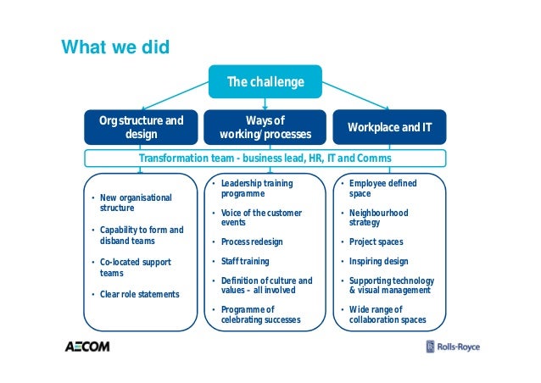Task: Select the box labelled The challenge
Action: click(265, 81)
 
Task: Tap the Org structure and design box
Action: click(142, 127)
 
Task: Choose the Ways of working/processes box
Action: click(265, 127)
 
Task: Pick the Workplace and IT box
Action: click(388, 127)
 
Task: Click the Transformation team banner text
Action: click(265, 158)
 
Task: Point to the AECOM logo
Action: click(88, 346)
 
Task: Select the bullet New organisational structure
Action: click(136, 202)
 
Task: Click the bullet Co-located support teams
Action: click(136, 268)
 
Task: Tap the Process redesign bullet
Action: click(252, 241)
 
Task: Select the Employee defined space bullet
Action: click(382, 188)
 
